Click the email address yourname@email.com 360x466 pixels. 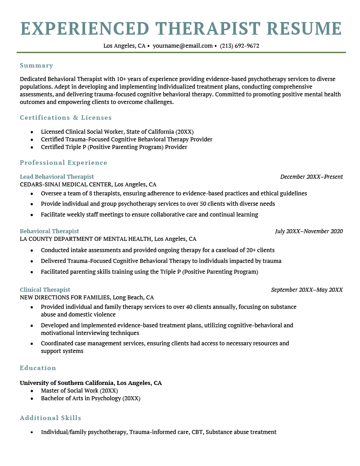pyautogui.click(x=182, y=46)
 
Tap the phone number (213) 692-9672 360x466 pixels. pyautogui.click(x=239, y=46)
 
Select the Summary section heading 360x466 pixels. pyautogui.click(x=36, y=65)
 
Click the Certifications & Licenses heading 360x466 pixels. pyautogui.click(x=66, y=118)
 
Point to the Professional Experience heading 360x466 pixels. pyautogui.click(x=63, y=163)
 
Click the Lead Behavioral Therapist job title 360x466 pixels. pyautogui.click(x=57, y=176)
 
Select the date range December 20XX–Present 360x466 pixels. pyautogui.click(x=311, y=176)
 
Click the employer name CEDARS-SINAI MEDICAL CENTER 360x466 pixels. pyautogui.click(x=65, y=184)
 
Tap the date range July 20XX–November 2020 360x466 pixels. pyautogui.click(x=309, y=231)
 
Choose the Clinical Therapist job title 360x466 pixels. pyautogui.click(x=45, y=290)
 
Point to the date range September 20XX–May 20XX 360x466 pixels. pyautogui.click(x=306, y=290)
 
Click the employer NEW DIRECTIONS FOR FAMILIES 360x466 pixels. pyautogui.click(x=65, y=298)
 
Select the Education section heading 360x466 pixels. pyautogui.click(x=38, y=368)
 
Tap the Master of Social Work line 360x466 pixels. pyautogui.click(x=79, y=391)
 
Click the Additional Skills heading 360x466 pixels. pyautogui.click(x=50, y=418)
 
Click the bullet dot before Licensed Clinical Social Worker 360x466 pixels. pyautogui.click(x=31, y=132)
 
